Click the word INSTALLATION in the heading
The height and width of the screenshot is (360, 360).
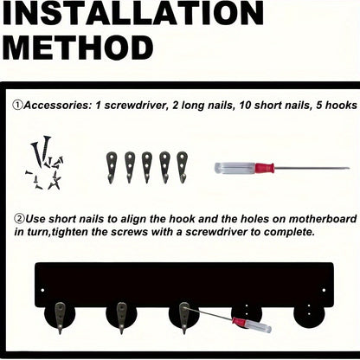point(133,13)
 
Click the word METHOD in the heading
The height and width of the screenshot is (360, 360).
point(78,48)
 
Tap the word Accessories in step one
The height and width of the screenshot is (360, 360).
point(57,106)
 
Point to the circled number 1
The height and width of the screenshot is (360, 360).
point(17,105)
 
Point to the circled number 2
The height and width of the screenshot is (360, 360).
point(19,219)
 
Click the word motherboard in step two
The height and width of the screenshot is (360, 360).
point(323,219)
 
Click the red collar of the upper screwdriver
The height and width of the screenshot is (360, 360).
point(264,168)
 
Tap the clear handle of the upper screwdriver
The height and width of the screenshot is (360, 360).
point(235,168)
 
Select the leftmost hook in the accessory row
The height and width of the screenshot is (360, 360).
point(112,168)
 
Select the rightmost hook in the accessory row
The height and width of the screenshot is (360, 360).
point(182,167)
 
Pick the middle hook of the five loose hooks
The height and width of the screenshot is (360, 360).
point(147,168)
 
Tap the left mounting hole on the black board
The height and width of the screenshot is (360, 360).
point(42,290)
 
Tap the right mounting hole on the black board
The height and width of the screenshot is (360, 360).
point(324,290)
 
